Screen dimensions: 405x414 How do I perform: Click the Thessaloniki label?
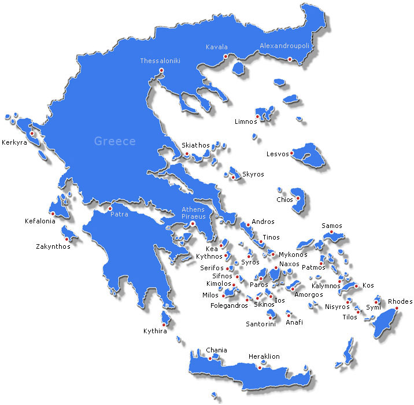click(160, 60)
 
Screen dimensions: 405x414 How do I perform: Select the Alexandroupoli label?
click(284, 46)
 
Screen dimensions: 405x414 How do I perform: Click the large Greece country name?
click(114, 141)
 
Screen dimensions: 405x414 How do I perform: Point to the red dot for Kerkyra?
click(32, 134)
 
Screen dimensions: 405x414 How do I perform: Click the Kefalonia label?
click(40, 221)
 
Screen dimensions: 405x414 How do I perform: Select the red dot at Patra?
click(110, 208)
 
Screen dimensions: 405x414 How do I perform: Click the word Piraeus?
click(194, 216)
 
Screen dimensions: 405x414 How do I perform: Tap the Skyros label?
click(253, 174)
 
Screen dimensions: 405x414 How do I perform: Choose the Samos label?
click(332, 226)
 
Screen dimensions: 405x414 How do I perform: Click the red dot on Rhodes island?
click(395, 308)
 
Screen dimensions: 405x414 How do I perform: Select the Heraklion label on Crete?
click(264, 356)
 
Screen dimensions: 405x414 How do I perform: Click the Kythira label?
click(155, 332)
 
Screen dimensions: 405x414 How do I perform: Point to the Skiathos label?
click(195, 145)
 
